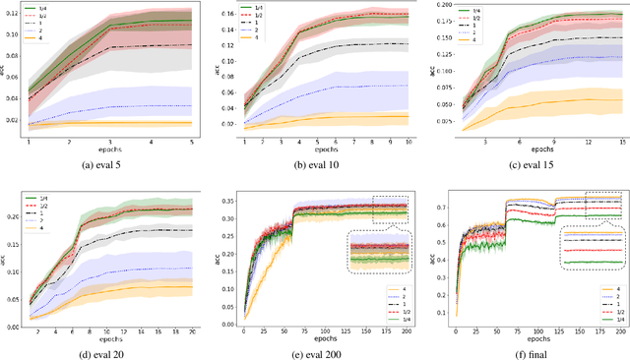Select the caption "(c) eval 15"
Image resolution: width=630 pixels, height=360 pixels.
tap(526, 163)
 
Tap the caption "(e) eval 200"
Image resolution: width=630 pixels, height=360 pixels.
tap(315, 350)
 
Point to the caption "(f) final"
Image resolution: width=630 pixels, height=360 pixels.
tap(526, 350)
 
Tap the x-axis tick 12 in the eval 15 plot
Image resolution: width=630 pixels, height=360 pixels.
tap(587, 142)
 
